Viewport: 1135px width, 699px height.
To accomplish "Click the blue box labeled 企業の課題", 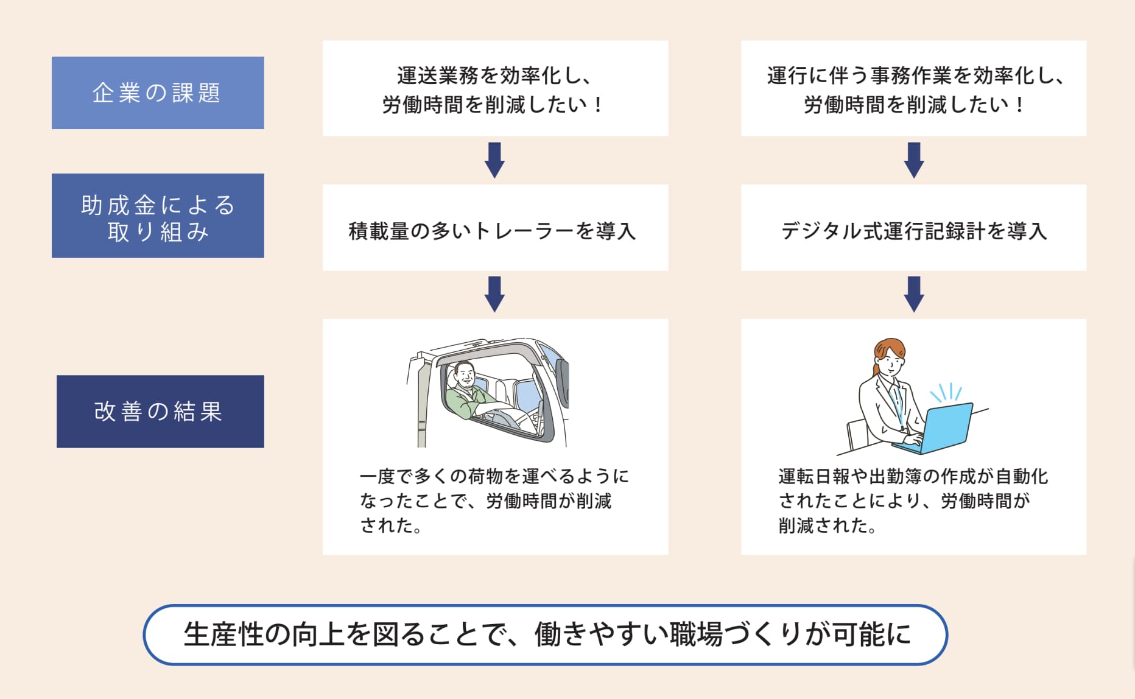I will [158, 93].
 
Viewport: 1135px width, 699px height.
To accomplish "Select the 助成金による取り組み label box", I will [158, 216].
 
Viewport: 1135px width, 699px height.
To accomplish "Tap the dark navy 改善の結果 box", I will [160, 412].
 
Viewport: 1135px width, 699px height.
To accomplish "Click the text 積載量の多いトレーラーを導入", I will [492, 231].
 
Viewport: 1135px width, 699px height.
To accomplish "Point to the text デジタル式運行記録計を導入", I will [913, 231].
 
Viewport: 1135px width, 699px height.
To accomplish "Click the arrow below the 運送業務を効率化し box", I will [494, 160].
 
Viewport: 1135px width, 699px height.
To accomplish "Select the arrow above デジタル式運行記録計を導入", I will [914, 160].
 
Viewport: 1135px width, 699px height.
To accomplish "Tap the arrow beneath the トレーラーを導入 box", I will [494, 293].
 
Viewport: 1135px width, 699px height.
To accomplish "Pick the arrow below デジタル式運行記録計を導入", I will [914, 293].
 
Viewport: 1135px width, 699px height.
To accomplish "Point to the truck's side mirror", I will [562, 382].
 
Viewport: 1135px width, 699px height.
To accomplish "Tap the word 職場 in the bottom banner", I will [695, 634].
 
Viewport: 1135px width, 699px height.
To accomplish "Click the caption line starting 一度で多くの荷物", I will [494, 476].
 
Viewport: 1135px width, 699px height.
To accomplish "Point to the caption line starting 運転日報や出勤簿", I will [913, 476].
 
